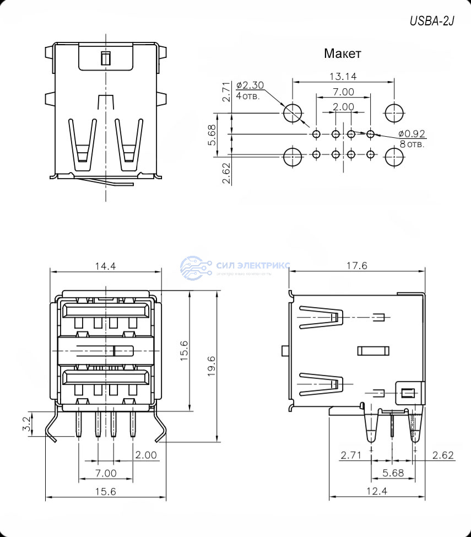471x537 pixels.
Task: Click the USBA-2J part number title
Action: (432, 22)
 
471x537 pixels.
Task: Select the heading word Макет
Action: (343, 54)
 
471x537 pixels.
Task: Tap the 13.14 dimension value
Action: (343, 76)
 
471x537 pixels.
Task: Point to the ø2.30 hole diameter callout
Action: (250, 85)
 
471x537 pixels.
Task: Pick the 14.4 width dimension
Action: (105, 266)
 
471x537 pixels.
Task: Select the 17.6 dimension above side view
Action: (356, 266)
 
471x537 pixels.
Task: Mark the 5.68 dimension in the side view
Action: (393, 472)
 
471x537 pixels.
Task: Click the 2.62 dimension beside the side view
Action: (442, 455)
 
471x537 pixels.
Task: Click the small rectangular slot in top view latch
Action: (105, 58)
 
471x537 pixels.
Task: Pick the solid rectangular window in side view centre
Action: (373, 351)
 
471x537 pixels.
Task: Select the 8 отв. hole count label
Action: (412, 144)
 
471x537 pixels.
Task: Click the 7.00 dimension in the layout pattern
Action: (343, 92)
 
